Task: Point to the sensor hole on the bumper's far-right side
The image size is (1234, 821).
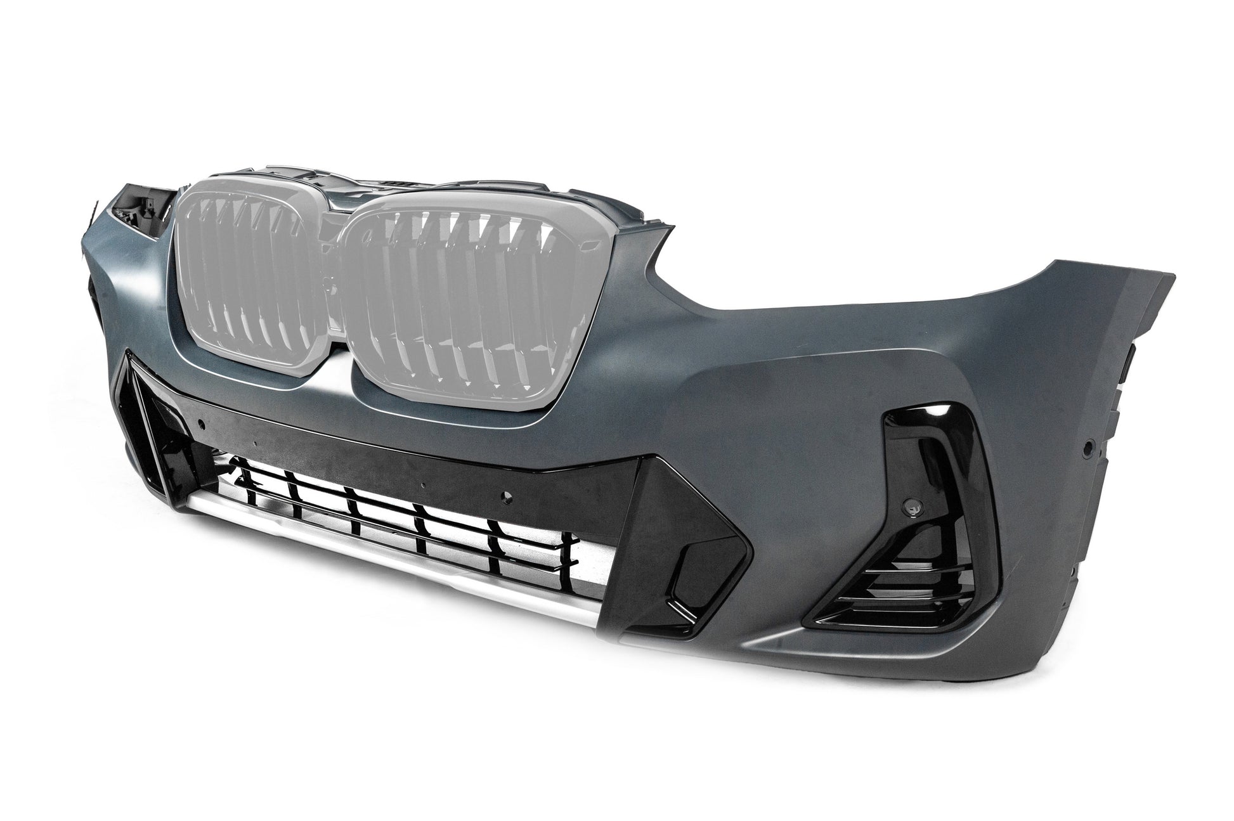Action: point(1088,447)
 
